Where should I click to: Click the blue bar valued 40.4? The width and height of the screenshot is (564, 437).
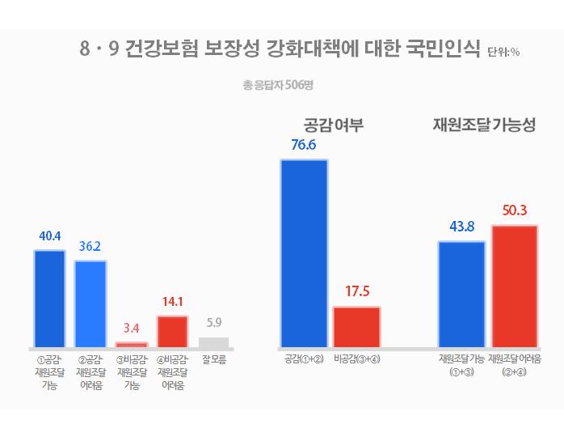click(x=49, y=298)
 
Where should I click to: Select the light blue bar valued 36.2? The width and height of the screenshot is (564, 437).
click(x=90, y=303)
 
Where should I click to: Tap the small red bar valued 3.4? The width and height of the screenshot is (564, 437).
click(x=132, y=345)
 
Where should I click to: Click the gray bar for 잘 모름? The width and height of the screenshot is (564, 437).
click(x=213, y=342)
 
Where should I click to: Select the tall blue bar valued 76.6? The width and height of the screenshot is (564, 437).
click(x=304, y=253)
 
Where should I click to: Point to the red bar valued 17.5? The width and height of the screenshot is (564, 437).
click(x=356, y=327)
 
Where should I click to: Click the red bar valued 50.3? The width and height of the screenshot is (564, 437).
click(x=514, y=286)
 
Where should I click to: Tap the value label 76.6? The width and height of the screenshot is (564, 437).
click(x=304, y=146)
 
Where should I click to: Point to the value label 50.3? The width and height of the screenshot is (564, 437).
click(x=515, y=210)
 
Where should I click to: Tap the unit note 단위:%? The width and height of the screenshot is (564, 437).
click(x=503, y=53)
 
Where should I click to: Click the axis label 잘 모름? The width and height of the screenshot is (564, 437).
click(x=213, y=359)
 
